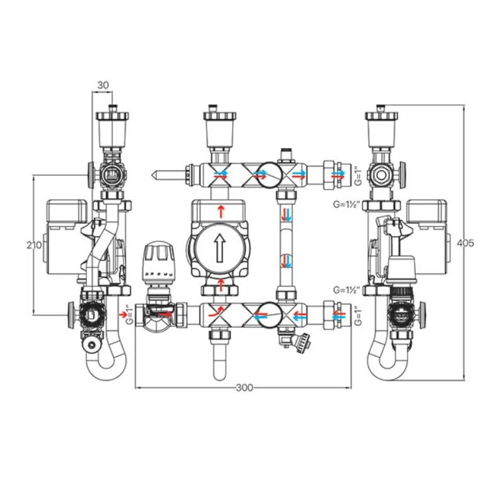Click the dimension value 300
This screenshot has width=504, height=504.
(x=244, y=388)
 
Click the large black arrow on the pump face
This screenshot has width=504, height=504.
(x=220, y=248)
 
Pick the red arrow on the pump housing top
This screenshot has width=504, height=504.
(x=220, y=210)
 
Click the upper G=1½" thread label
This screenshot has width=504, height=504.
(x=346, y=205)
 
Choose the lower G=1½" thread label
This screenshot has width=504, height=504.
(x=346, y=290)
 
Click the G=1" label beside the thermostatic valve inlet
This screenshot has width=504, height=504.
(x=130, y=314)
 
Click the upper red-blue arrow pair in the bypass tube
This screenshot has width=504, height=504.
(x=286, y=214)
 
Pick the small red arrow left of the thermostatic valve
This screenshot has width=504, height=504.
(x=122, y=313)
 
